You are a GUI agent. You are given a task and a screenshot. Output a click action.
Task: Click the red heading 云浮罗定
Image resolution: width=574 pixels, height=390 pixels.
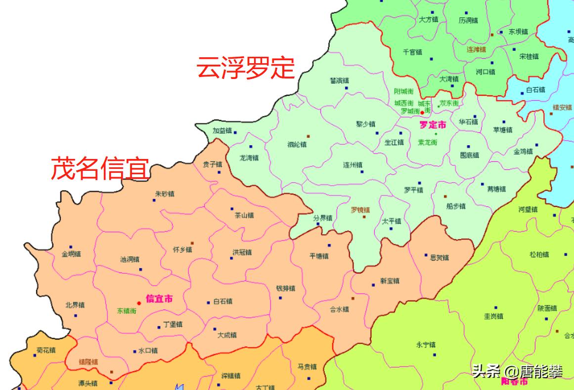[245, 68]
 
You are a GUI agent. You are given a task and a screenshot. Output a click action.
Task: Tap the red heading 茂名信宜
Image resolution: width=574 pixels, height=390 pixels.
[100, 169]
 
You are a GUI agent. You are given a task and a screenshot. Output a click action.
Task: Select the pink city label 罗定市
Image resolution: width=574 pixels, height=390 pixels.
[433, 125]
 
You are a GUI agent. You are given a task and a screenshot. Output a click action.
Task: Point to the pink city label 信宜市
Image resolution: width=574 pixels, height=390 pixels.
[159, 299]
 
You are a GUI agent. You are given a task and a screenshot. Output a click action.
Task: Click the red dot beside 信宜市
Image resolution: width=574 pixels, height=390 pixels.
[139, 303]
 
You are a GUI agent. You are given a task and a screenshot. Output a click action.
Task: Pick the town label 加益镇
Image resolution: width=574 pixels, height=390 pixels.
[222, 131]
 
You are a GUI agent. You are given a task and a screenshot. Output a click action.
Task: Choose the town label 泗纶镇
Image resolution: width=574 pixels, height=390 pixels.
[297, 145]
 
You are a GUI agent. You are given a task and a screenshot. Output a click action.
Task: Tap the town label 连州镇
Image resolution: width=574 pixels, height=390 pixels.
[353, 165]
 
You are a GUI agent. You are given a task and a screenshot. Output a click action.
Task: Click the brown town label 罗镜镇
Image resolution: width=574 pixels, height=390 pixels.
[360, 209]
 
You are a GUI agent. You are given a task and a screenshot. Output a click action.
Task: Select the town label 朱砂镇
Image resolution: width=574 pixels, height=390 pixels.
[164, 194]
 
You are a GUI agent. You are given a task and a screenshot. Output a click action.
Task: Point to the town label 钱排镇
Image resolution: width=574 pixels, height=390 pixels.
[285, 288]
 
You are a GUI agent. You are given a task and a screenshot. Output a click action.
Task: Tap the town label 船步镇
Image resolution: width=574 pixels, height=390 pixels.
[455, 206]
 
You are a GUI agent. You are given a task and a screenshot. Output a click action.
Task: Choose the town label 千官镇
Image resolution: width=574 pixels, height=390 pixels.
[412, 52]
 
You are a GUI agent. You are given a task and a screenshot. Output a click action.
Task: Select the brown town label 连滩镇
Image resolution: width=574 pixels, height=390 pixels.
[476, 49]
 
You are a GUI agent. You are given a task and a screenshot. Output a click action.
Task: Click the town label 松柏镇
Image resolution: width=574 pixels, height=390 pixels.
[539, 255]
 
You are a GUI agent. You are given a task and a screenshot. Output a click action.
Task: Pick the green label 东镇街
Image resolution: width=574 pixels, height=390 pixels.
[127, 311]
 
